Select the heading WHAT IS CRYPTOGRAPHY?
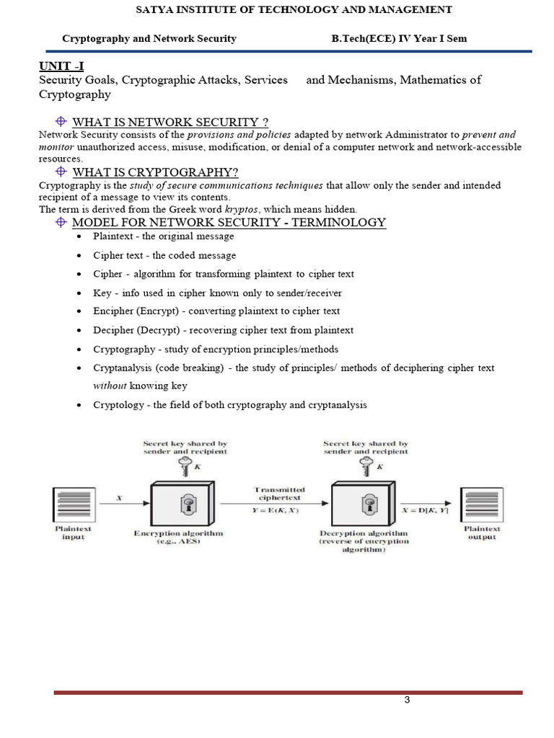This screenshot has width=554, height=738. [155, 172]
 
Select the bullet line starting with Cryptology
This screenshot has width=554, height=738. [230, 405]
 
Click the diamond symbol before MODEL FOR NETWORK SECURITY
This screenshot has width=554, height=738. [61, 222]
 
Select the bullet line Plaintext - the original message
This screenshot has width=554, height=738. [163, 236]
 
